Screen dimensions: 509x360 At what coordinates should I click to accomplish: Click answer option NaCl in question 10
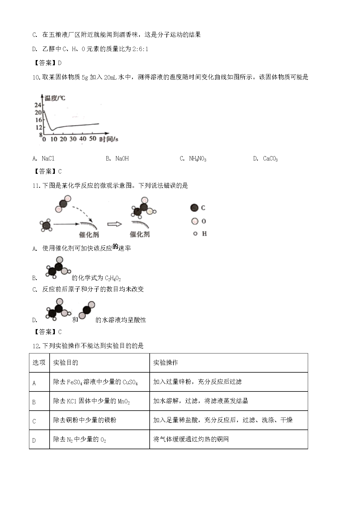click(48, 158)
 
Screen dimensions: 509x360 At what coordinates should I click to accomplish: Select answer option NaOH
click(122, 158)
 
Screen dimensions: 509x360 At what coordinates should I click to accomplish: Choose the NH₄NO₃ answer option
click(197, 158)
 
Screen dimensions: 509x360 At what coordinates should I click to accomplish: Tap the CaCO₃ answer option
click(270, 158)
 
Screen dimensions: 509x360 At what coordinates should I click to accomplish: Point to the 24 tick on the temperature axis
click(38, 105)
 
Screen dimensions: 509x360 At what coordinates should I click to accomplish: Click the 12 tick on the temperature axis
click(39, 127)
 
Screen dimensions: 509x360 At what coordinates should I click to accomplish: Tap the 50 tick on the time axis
click(93, 139)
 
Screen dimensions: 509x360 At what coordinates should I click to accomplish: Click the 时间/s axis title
click(109, 139)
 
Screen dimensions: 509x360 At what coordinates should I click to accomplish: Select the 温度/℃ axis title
click(55, 98)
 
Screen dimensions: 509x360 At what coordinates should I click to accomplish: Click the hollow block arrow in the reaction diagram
click(114, 224)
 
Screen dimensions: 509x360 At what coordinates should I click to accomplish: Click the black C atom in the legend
click(194, 208)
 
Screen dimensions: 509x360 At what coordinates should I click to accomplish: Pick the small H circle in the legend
click(195, 234)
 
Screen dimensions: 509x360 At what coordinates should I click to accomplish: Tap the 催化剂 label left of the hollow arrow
click(89, 234)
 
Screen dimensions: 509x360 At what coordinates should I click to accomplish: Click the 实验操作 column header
click(166, 362)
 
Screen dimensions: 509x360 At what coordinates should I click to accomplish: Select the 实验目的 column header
click(66, 362)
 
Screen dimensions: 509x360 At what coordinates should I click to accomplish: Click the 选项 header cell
click(39, 362)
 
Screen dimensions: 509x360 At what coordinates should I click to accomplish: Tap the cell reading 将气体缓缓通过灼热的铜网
click(191, 439)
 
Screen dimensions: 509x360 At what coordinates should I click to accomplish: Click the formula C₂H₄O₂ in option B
click(113, 278)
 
